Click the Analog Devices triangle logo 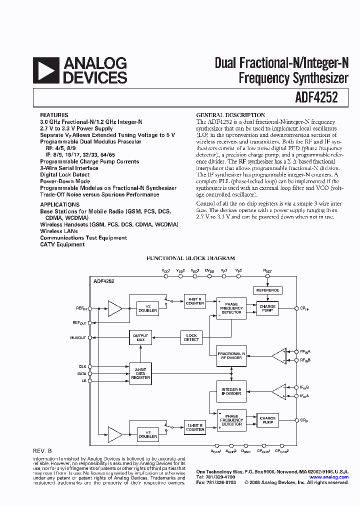tap(45, 70)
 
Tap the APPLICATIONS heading tap(59, 204)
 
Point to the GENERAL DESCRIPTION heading tap(230, 115)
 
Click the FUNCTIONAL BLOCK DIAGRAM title tap(190, 258)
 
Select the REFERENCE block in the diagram tap(267, 290)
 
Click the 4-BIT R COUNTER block tap(195, 301)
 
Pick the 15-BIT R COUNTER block tap(195, 427)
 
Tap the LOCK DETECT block tap(191, 337)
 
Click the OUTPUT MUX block tap(140, 337)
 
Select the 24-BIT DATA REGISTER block tap(140, 373)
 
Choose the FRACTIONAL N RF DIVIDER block tap(231, 355)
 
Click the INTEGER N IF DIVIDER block tap(231, 391)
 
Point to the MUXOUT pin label tap(78, 338)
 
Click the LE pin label tap(83, 381)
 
